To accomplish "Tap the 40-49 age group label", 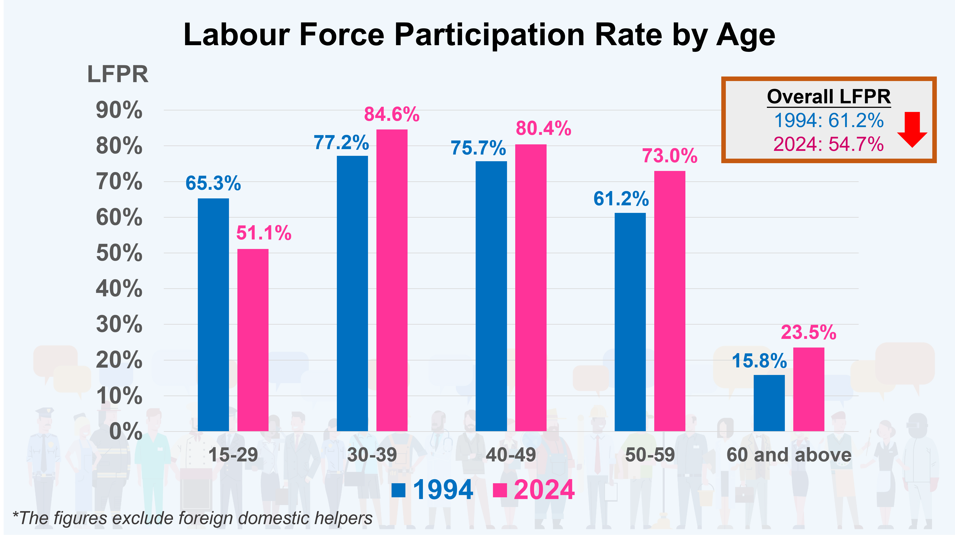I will click(511, 455).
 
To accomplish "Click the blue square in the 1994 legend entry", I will click(398, 490).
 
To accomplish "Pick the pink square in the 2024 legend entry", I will click(500, 490).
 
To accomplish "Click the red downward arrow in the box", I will click(912, 130).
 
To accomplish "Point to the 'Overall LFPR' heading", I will click(829, 97).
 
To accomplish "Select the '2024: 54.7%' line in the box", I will click(828, 144).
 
